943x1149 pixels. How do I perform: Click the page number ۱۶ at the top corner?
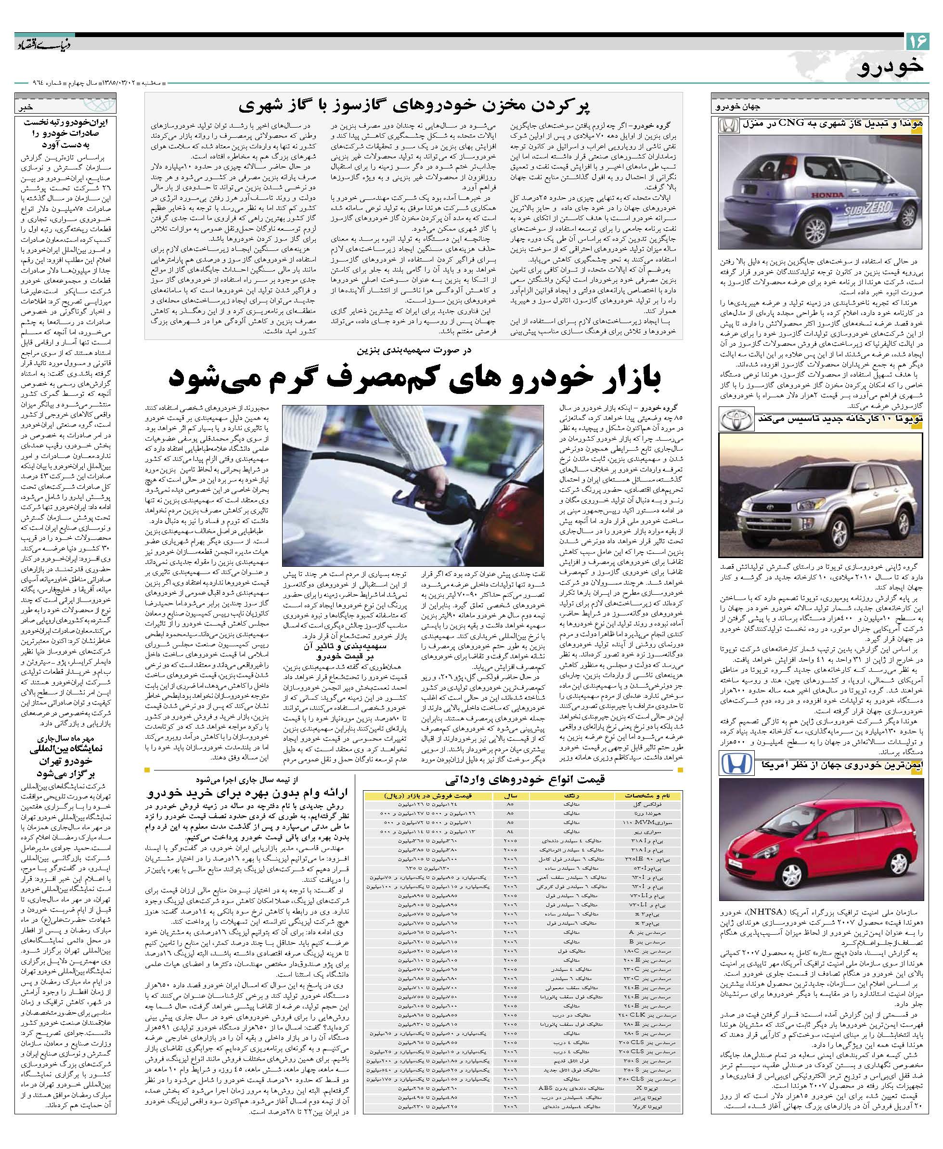[917, 41]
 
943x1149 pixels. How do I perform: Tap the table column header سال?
[510, 796]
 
